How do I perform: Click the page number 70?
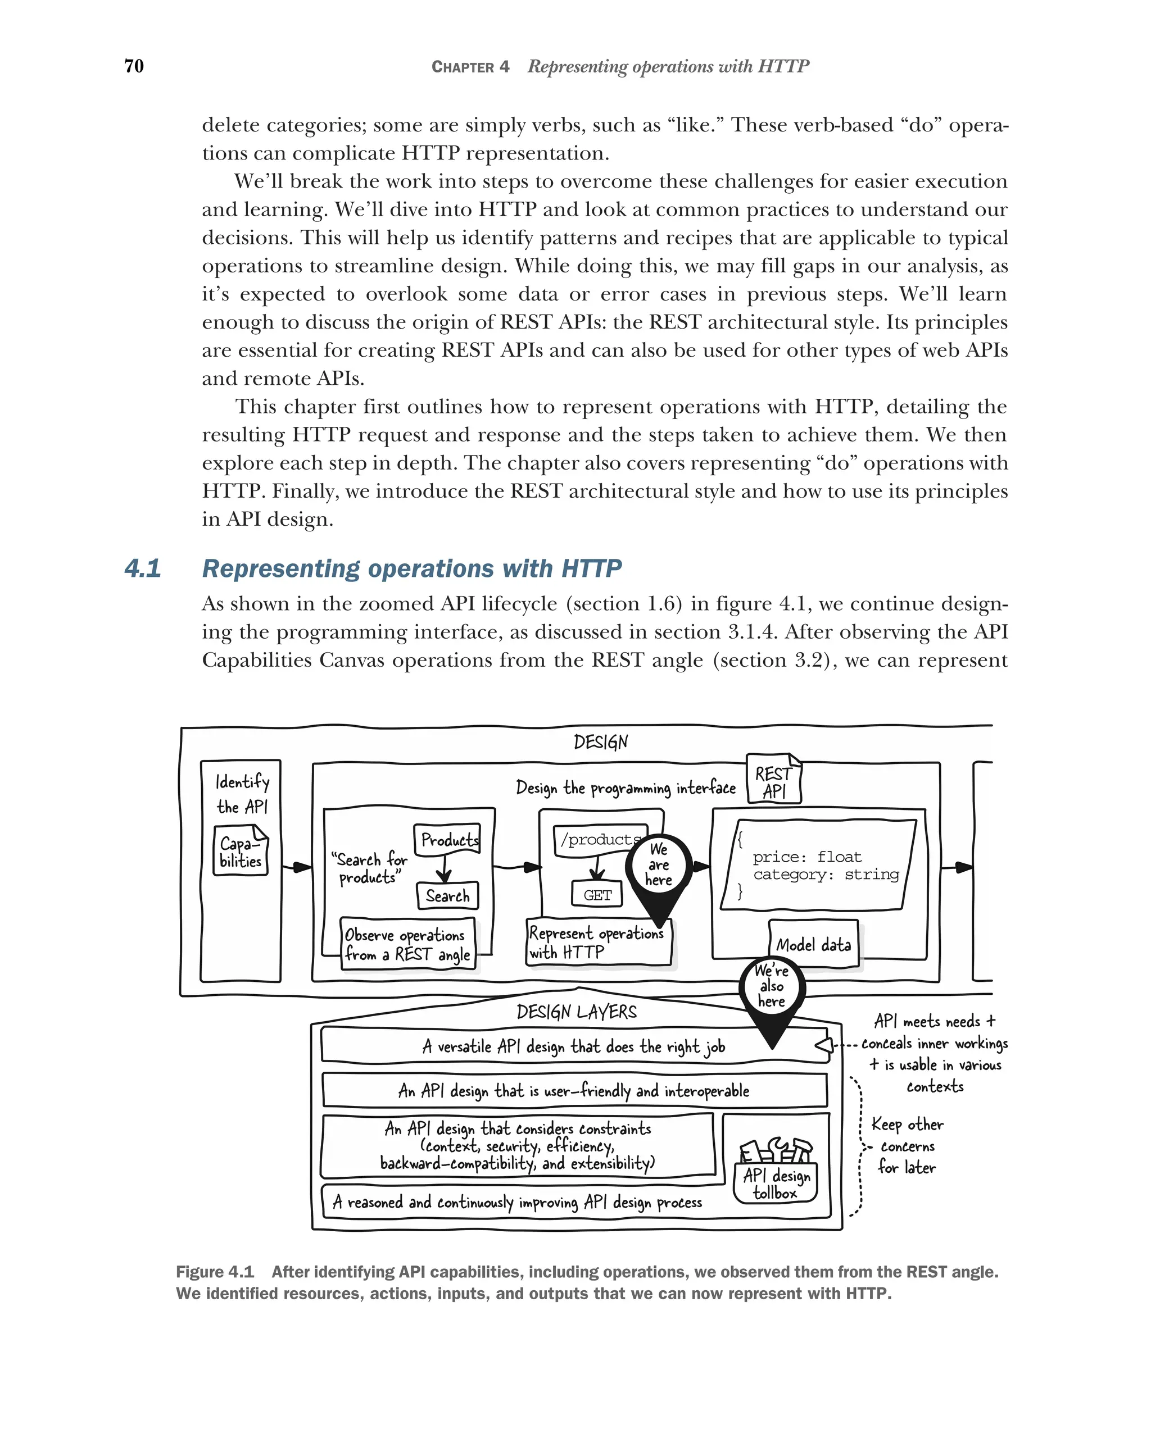click(134, 66)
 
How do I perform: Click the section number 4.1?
click(143, 569)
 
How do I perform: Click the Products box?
click(447, 839)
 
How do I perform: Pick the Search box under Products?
click(447, 895)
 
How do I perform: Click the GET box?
click(597, 895)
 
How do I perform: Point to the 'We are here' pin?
click(658, 867)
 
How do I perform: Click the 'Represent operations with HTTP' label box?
click(597, 943)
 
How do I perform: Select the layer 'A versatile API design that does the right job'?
click(573, 1046)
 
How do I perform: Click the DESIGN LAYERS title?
click(577, 1011)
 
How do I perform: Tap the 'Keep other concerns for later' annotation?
click(907, 1146)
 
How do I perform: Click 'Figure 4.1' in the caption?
click(215, 1272)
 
